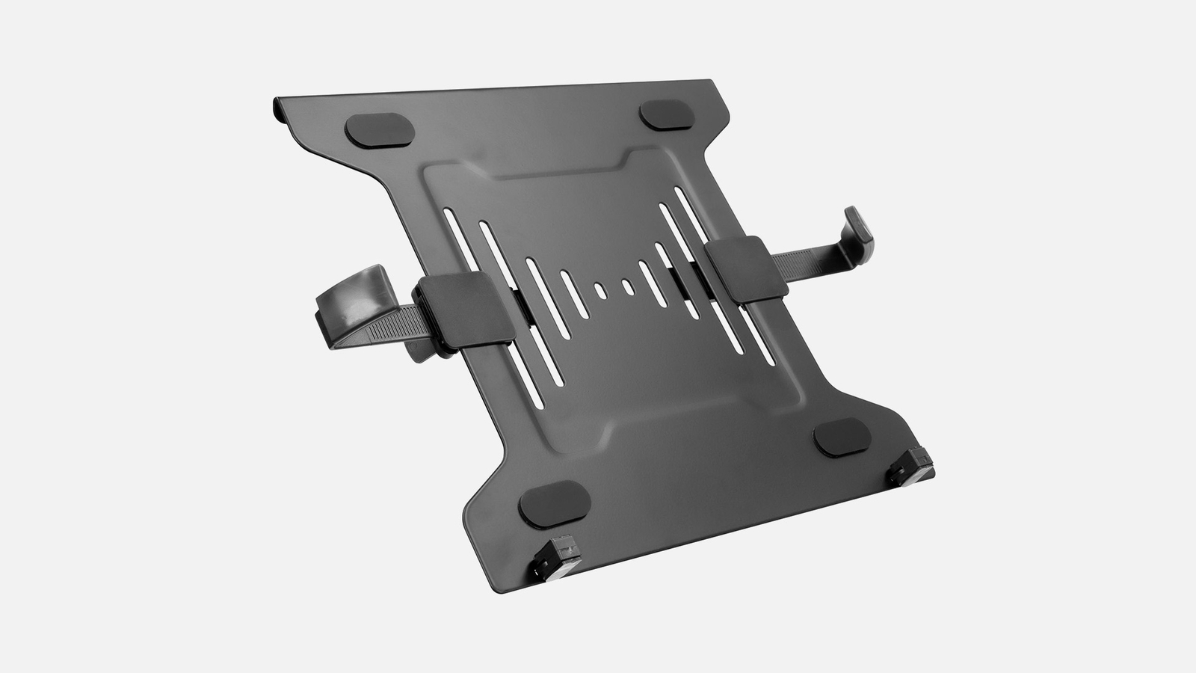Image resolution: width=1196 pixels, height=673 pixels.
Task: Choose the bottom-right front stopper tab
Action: pos(911,465)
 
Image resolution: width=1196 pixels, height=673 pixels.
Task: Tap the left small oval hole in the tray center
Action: pos(599,289)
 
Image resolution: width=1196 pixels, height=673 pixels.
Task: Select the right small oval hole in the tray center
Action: pos(629,285)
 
